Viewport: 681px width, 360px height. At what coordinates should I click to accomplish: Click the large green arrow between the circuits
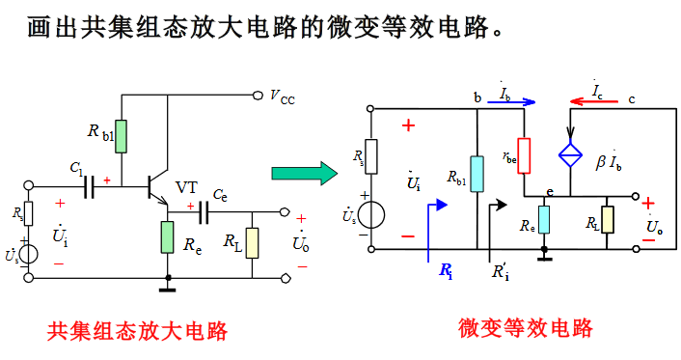303,173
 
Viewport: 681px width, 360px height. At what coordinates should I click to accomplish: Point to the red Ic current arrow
593,99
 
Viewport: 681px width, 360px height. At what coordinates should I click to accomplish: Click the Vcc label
283,96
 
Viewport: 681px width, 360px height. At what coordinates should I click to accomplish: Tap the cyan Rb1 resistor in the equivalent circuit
477,173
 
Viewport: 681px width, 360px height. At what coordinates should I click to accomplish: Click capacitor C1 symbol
91,185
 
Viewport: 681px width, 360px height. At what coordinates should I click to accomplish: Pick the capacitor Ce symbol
204,211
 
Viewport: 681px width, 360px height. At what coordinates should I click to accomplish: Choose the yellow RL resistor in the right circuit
607,219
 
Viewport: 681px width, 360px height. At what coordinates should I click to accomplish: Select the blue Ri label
446,272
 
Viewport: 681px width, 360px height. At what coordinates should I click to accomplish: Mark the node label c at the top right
632,98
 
